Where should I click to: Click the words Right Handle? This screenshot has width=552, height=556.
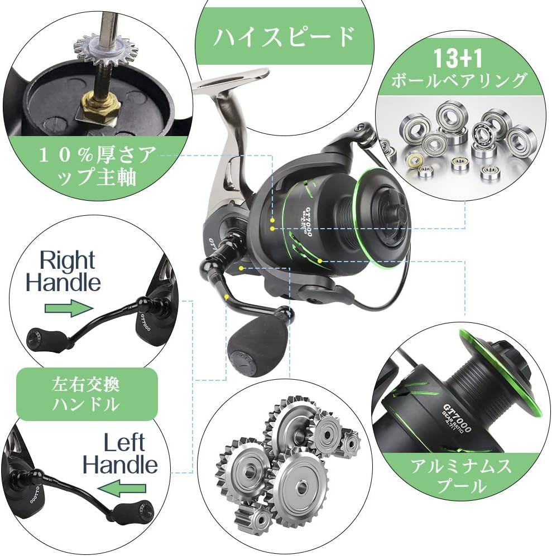(x=64, y=272)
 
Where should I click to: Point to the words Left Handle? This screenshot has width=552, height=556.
(x=120, y=454)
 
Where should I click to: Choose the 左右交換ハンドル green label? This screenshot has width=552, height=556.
(x=87, y=394)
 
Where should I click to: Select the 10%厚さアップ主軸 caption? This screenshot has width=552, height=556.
(x=97, y=166)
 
